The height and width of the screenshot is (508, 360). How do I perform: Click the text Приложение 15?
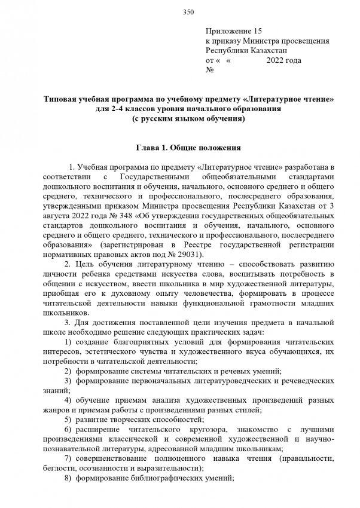click(234, 31)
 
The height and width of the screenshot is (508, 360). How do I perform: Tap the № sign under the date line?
click(209, 71)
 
